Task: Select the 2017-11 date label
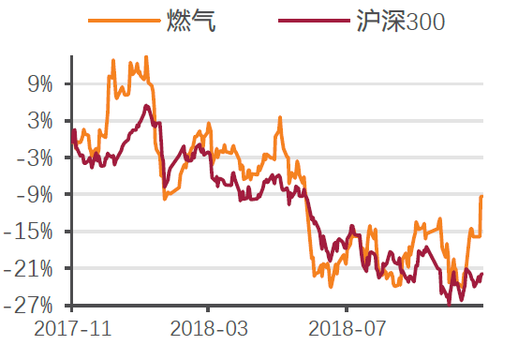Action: (71, 330)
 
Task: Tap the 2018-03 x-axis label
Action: (208, 330)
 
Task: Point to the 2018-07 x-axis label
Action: (347, 330)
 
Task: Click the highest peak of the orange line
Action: (145, 57)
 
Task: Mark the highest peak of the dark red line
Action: (146, 106)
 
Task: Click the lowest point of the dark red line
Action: (449, 303)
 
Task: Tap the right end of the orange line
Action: (481, 196)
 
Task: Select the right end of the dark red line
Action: (482, 274)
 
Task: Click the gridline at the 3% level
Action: (281, 121)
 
